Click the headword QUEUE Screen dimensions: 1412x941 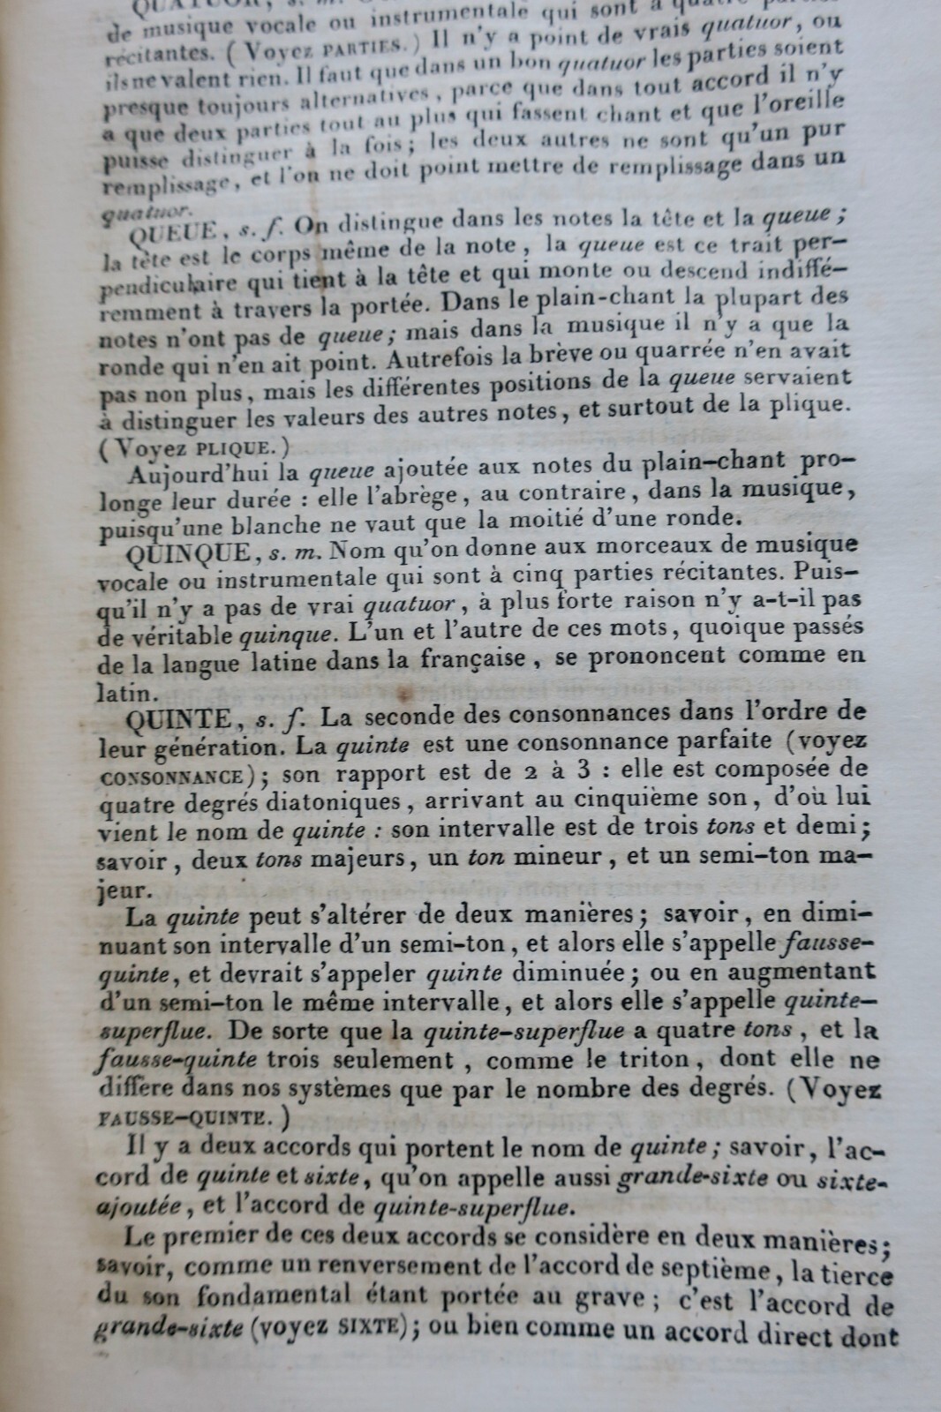click(x=174, y=234)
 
